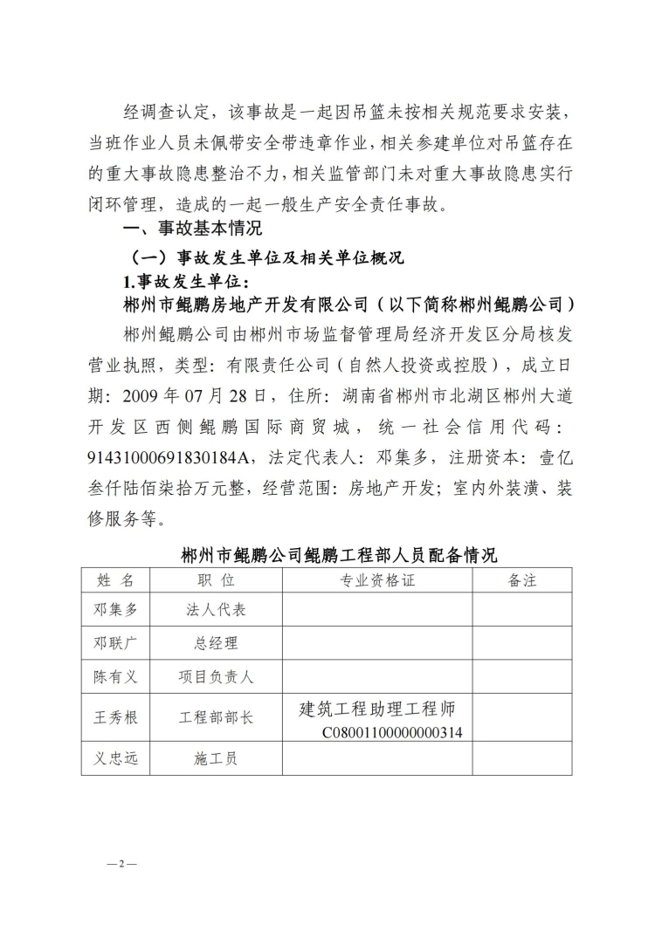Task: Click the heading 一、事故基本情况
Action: click(x=182, y=230)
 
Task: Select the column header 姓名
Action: click(x=115, y=579)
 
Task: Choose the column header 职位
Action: click(x=216, y=579)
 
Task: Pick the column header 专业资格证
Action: click(x=377, y=579)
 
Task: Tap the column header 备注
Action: click(x=522, y=579)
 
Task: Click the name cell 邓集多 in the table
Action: click(x=115, y=609)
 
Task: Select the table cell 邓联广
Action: click(x=115, y=643)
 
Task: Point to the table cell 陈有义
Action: click(x=115, y=676)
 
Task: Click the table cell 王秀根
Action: click(x=115, y=718)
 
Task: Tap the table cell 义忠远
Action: click(x=115, y=758)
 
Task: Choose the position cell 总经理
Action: click(x=216, y=643)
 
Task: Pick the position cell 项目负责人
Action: click(x=216, y=676)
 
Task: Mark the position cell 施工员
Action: click(x=216, y=758)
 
